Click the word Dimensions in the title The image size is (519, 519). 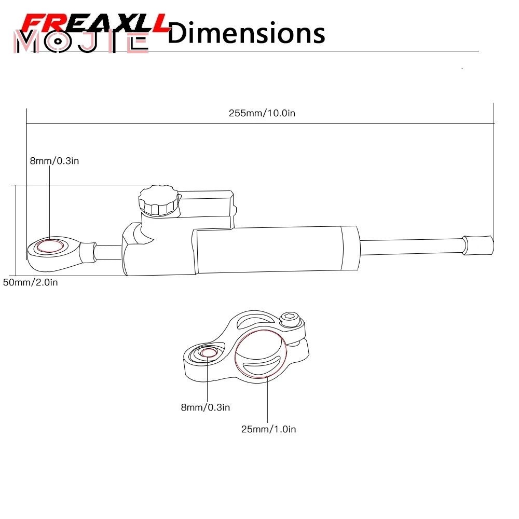[247, 33]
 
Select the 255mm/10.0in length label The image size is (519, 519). [262, 113]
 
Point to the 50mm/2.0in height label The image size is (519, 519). [31, 282]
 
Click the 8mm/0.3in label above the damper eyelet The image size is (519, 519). [54, 161]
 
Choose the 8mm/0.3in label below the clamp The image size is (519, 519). [205, 407]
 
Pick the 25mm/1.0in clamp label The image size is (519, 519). [268, 429]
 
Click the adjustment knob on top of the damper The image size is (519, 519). [158, 200]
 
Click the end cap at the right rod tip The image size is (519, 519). [477, 245]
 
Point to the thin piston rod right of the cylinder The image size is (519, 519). [410, 246]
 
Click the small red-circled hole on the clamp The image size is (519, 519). [208, 353]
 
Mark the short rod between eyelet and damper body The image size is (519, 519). [108, 252]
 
